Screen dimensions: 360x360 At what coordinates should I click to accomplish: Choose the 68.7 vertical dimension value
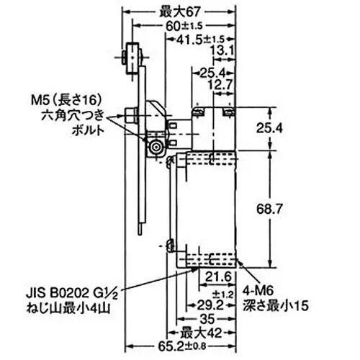coord(287,208)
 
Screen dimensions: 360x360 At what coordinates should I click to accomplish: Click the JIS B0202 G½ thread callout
coord(70,293)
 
